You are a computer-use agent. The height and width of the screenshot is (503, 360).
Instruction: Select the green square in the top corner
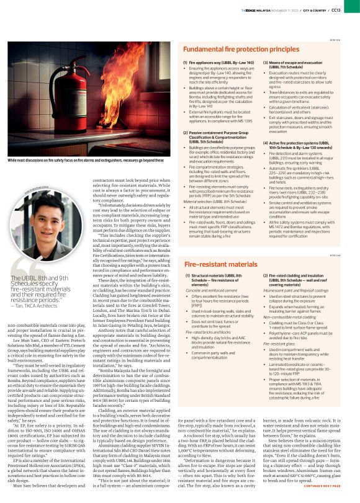pos(357,3)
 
